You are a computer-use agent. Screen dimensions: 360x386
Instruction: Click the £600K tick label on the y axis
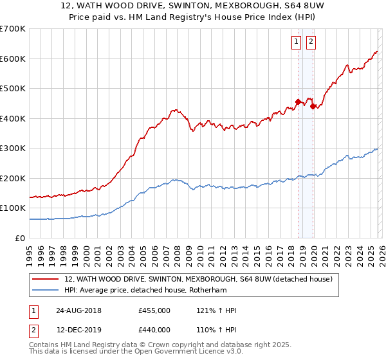click(x=12, y=59)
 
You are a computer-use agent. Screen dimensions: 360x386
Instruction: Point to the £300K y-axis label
click(x=12, y=148)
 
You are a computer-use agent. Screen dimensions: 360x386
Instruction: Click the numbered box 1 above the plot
click(x=296, y=42)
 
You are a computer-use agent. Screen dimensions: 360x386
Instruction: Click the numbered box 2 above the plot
click(x=311, y=42)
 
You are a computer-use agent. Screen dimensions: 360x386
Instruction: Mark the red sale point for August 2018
click(x=298, y=102)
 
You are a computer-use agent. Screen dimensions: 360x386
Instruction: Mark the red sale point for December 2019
click(x=313, y=106)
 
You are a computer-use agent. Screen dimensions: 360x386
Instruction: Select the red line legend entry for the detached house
click(x=198, y=280)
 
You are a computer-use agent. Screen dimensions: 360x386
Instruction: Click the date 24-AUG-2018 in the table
click(x=78, y=310)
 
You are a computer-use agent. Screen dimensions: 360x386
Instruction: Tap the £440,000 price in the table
click(x=154, y=330)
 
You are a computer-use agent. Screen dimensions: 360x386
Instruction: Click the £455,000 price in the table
click(x=154, y=310)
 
